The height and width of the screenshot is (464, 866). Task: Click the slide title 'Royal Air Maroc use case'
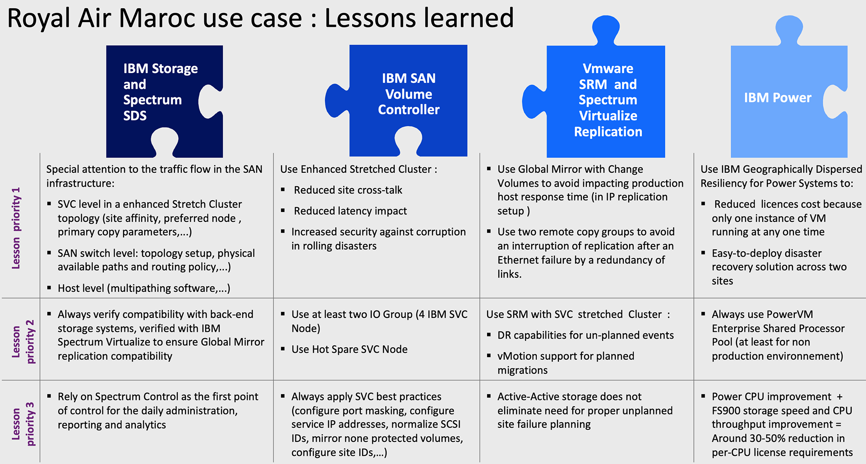pos(155,18)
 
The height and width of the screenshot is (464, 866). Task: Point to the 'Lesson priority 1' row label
pos(16,228)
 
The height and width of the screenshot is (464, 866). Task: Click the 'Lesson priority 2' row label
pos(23,341)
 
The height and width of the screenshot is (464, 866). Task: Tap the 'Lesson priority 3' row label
pos(23,424)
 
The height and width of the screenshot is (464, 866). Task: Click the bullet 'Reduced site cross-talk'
pos(348,190)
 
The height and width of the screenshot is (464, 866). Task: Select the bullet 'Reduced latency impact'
pos(350,211)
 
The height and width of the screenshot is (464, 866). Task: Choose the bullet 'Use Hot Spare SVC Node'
pos(350,349)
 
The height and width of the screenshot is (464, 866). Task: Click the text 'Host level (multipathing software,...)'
pos(144,288)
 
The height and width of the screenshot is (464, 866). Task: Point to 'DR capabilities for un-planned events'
pos(585,335)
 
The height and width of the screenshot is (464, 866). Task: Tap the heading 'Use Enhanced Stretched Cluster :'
pos(359,169)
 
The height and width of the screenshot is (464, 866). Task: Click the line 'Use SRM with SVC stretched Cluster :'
pos(578,314)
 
